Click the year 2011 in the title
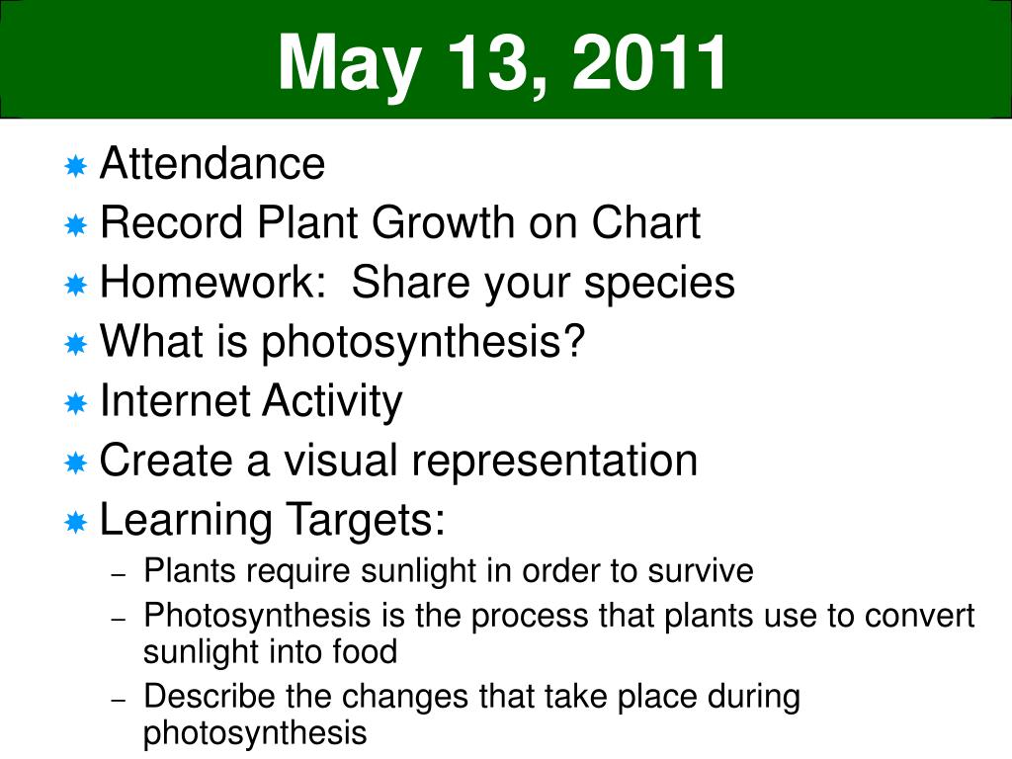point(649,62)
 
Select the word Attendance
point(212,163)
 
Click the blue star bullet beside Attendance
point(75,166)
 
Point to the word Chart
point(646,222)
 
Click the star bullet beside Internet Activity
point(75,403)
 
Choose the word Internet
point(175,400)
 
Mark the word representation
point(554,463)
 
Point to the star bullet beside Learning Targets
point(75,522)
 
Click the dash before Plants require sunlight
point(119,574)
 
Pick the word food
point(365,650)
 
